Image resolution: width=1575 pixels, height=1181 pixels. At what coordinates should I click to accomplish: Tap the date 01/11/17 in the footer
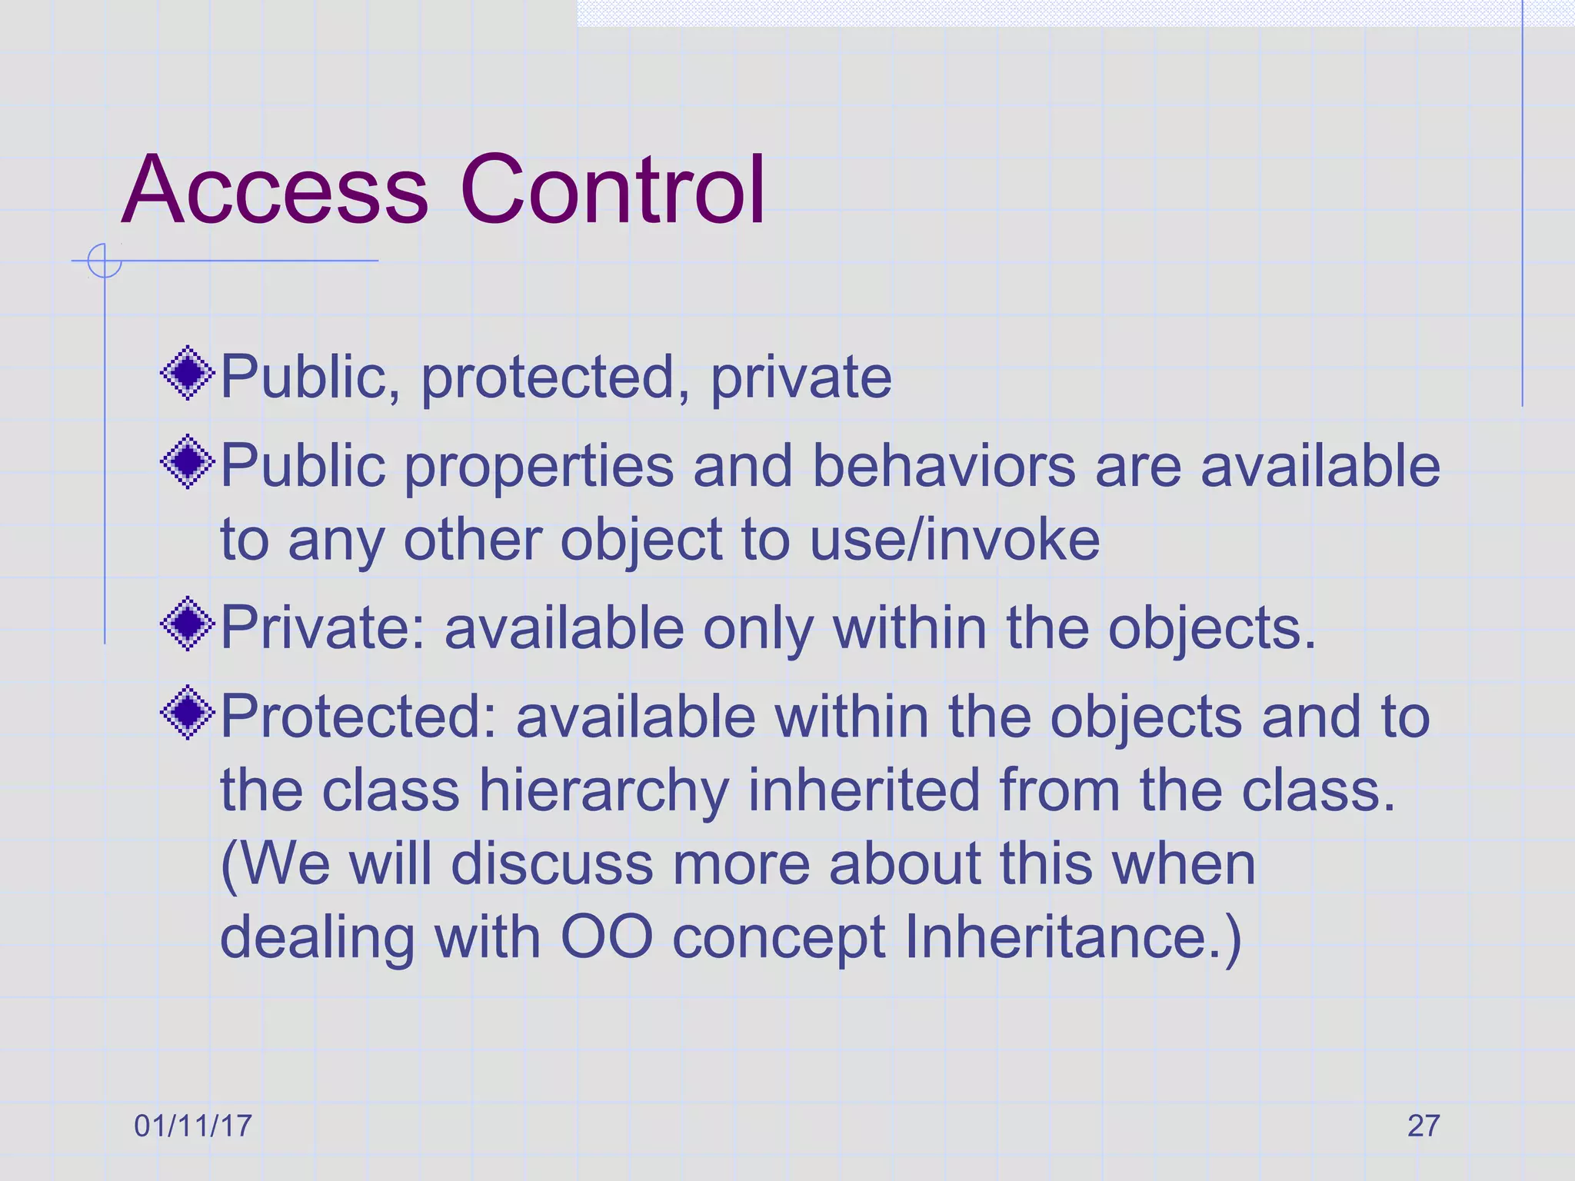(x=193, y=1126)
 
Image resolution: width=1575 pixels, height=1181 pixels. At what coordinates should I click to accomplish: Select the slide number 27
(x=1423, y=1126)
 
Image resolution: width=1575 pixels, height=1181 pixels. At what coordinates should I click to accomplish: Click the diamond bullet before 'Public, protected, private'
(x=188, y=374)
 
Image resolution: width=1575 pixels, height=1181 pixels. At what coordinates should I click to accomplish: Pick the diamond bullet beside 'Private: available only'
(x=188, y=624)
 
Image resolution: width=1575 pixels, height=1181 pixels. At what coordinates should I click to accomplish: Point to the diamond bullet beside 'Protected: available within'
(x=188, y=714)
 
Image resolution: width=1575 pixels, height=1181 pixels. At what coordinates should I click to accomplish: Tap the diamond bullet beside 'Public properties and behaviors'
(x=188, y=463)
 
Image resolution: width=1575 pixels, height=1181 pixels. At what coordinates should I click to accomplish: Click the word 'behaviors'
(x=944, y=466)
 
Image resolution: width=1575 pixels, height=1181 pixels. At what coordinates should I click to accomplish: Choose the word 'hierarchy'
(x=604, y=791)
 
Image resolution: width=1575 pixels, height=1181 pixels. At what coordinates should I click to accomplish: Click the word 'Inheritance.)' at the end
(x=1073, y=937)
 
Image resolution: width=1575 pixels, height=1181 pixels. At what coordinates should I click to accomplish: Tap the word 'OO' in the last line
(x=607, y=937)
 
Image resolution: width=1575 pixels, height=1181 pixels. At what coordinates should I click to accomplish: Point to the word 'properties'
(x=539, y=467)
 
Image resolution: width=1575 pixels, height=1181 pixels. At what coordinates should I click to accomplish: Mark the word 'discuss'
(x=551, y=864)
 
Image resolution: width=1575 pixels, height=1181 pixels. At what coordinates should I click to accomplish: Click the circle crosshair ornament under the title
(x=105, y=261)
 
